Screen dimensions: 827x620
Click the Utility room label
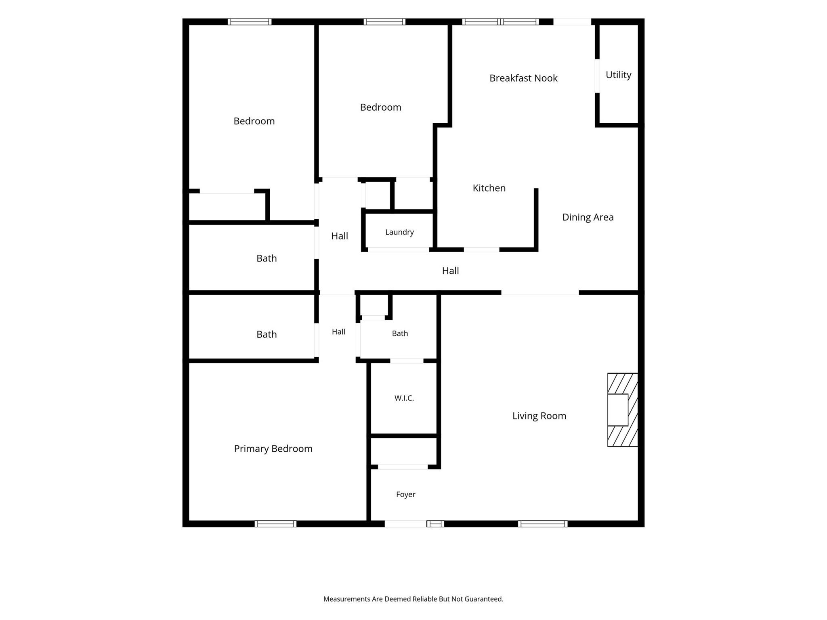tap(618, 75)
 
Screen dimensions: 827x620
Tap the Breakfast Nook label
tap(523, 78)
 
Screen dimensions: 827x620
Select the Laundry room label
tap(399, 232)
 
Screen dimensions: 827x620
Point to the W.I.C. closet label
tap(404, 398)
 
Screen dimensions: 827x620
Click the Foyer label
tap(405, 494)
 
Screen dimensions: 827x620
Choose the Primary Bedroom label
tap(273, 449)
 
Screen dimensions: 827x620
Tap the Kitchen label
tap(489, 188)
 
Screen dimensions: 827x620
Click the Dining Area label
tap(588, 218)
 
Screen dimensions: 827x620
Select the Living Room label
tap(539, 416)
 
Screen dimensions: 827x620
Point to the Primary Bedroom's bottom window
tap(275, 524)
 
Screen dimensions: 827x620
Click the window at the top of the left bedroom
tap(250, 22)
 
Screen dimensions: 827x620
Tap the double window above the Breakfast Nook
tap(500, 22)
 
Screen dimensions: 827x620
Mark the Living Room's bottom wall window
tap(543, 524)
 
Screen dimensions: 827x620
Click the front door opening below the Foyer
tap(405, 524)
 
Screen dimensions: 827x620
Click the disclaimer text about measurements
tap(413, 599)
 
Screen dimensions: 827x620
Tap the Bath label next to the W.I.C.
tap(400, 334)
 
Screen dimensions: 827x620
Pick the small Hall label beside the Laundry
tap(340, 236)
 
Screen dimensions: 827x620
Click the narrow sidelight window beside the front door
tap(435, 524)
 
